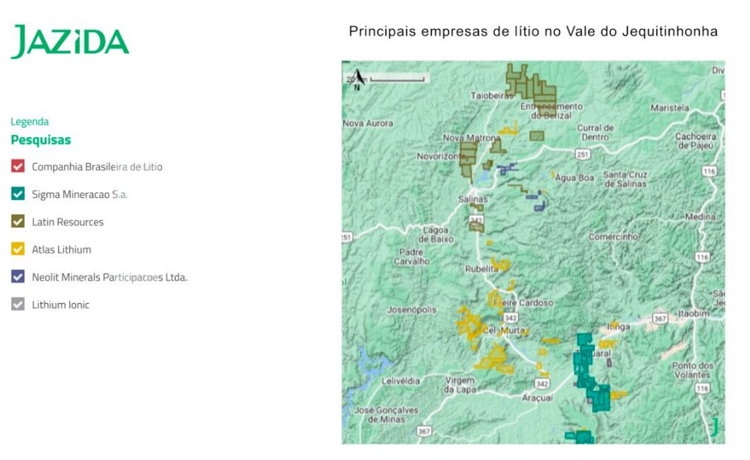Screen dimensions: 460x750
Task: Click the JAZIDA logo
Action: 70,42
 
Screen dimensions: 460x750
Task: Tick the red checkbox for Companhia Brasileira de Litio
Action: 18,167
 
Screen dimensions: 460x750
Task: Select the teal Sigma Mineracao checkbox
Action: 18,194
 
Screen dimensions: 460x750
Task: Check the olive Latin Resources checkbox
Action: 18,222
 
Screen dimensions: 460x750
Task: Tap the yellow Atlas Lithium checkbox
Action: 18,249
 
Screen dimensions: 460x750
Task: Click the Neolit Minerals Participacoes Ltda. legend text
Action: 109,277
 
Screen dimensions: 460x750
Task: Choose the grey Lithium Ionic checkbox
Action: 18,304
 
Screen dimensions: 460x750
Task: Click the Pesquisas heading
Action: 41,140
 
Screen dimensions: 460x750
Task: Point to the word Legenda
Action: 30,122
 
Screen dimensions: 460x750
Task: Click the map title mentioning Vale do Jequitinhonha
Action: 533,32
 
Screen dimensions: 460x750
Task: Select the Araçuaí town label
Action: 537,398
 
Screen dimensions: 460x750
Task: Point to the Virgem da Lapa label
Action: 460,385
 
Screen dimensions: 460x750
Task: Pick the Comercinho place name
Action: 613,237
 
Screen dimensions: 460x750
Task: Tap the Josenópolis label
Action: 412,310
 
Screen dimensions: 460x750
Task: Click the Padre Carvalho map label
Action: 412,257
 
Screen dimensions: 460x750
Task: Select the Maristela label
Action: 670,107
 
